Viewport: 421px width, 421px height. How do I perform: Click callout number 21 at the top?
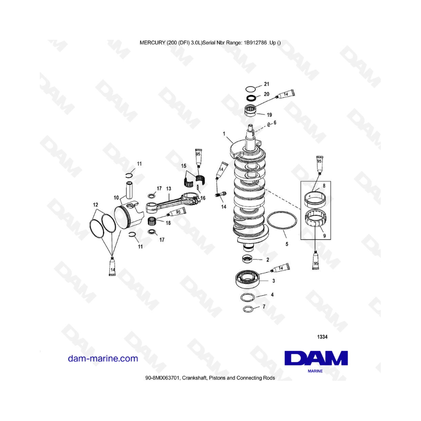267,85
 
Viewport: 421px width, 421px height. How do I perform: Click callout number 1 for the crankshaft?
225,134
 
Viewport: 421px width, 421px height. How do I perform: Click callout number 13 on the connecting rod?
168,188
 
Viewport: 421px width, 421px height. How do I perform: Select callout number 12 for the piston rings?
95,205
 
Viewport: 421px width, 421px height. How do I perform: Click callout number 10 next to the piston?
116,198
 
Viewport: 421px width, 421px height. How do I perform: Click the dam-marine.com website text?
103,359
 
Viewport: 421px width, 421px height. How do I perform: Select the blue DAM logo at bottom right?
316,358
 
